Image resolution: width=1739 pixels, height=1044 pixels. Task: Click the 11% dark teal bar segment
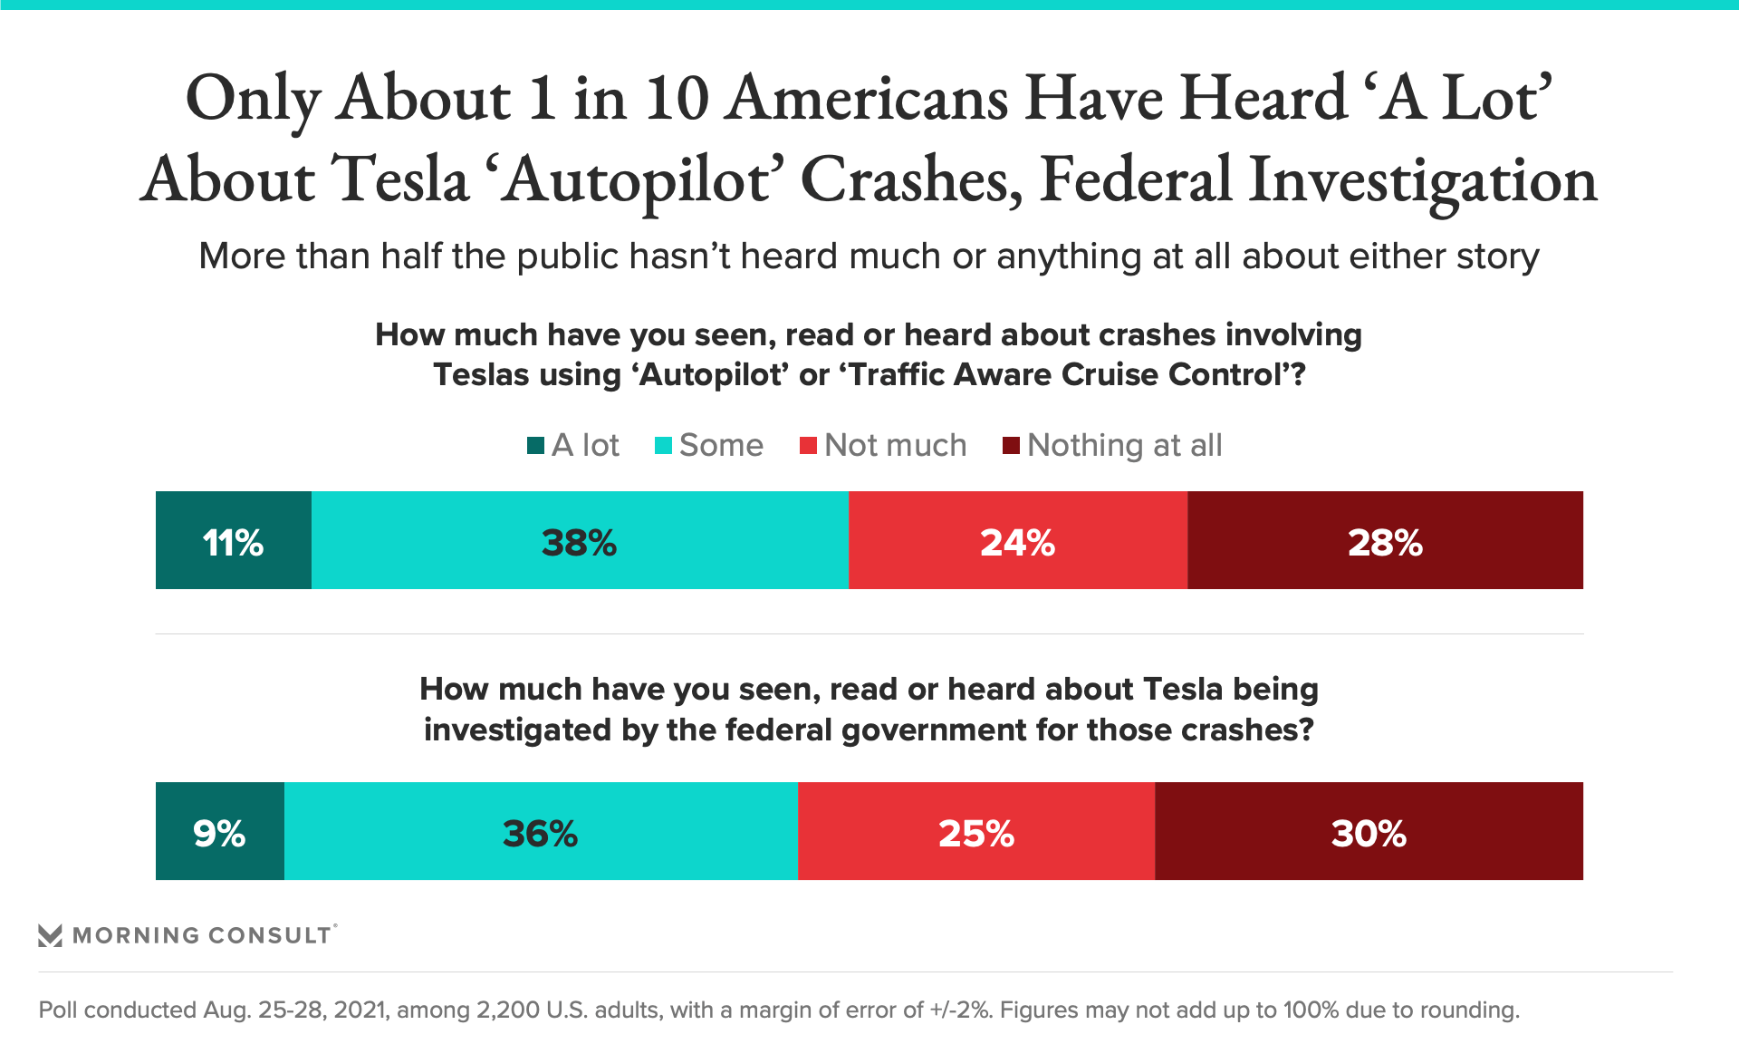coord(234,540)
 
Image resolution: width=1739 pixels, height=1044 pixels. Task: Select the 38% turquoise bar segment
coord(580,540)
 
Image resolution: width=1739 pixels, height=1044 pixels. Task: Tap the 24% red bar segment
coord(1018,540)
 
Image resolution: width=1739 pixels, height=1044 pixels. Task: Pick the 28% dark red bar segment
coord(1385,540)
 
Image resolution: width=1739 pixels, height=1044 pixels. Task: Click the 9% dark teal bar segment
coord(220,831)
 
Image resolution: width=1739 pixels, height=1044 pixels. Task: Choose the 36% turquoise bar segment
coord(541,831)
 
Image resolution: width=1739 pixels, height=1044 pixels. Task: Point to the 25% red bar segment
coord(976,831)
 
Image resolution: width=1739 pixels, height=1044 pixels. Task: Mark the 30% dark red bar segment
coord(1369,831)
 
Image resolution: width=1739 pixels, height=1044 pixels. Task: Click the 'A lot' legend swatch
coord(535,445)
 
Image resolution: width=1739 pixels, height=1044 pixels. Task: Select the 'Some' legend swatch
coord(663,445)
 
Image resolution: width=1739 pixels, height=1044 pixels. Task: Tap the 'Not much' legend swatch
coord(808,445)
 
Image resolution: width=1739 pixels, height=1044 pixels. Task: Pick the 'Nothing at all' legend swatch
coord(1011,445)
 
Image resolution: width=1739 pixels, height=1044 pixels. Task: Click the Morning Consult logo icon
coord(50,935)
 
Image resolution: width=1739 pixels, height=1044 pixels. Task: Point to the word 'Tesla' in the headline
coord(399,179)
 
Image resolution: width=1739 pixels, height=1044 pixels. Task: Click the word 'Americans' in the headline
coord(868,98)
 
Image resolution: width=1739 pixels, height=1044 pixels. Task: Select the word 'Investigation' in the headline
coord(1423,179)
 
